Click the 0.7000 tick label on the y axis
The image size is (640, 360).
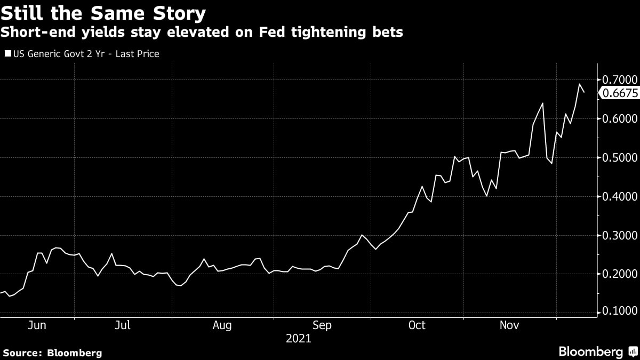(619, 80)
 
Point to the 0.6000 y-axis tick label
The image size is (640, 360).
(619, 118)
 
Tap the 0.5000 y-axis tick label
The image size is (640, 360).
(619, 157)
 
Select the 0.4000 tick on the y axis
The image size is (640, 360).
(619, 196)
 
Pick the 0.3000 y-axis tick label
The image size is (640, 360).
(619, 235)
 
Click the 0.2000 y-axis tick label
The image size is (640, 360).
(619, 274)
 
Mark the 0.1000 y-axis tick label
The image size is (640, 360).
(619, 311)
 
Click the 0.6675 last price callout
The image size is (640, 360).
(620, 93)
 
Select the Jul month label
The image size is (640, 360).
(123, 325)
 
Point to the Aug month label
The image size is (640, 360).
(221, 325)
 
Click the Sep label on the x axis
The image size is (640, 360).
(322, 325)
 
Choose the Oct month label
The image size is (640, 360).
(417, 325)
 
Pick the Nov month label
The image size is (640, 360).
(510, 325)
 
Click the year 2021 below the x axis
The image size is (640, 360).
(298, 338)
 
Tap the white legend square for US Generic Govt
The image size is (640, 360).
(7, 54)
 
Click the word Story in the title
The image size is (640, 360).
(178, 12)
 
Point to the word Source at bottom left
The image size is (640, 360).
(21, 353)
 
